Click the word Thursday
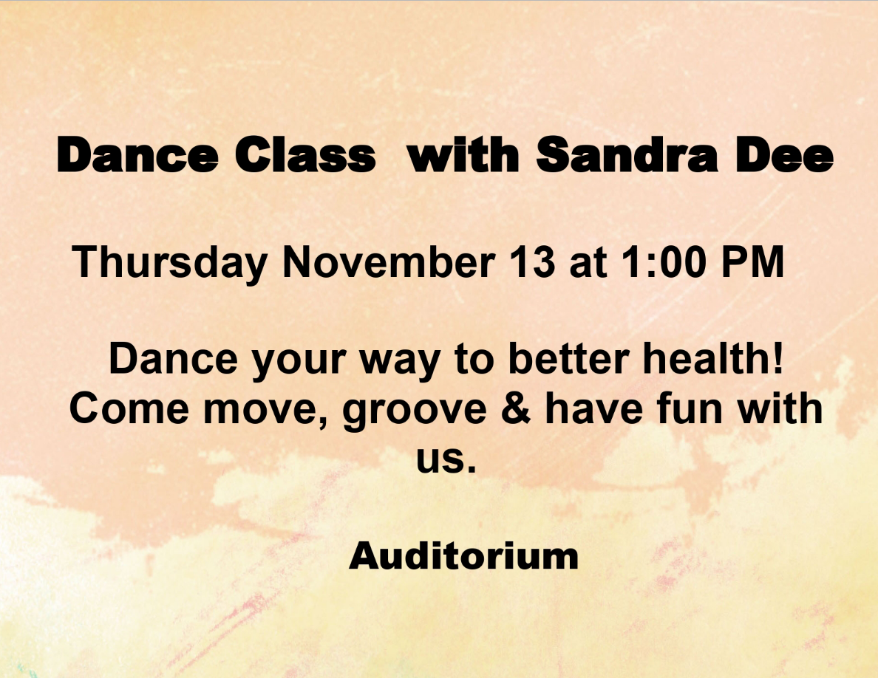[x=170, y=262]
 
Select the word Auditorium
[x=463, y=556]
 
